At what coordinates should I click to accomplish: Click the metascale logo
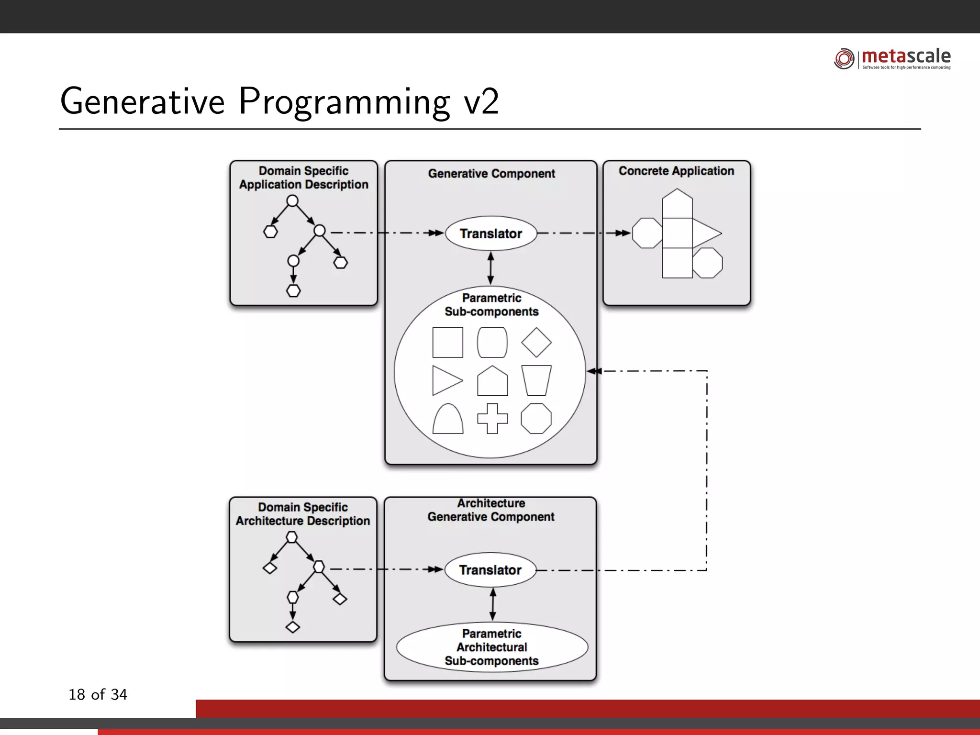pos(892,58)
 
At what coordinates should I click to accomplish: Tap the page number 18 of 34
pos(98,694)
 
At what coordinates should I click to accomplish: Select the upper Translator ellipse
pos(491,234)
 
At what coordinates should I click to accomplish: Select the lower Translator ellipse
pos(490,570)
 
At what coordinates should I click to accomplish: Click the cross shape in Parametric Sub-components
pos(492,419)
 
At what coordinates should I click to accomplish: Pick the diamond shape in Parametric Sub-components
pos(536,342)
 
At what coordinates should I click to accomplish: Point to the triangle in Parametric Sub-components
pos(445,380)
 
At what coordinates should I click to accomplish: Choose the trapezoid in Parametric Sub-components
pos(536,380)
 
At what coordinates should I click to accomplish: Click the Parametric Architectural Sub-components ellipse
pos(492,647)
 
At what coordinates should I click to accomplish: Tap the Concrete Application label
pos(676,171)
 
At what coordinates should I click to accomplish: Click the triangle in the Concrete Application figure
pos(704,234)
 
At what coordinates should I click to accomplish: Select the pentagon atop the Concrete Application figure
pos(677,203)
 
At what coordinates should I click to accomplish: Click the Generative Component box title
pos(491,173)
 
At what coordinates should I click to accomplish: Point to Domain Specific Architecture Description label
pos(303,514)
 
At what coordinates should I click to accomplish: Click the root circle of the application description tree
pos(292,200)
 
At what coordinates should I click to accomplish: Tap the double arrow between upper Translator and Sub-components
pos(490,268)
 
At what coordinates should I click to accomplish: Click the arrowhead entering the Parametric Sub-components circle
pos(594,371)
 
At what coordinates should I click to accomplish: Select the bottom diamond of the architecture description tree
pos(292,627)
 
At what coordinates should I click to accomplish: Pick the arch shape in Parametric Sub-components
pos(448,420)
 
